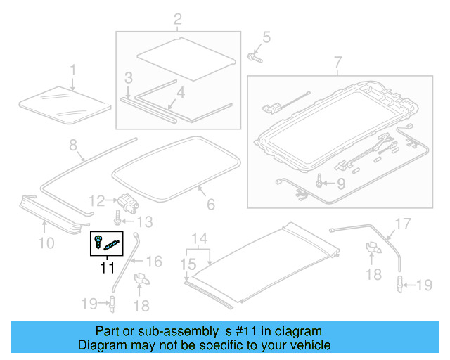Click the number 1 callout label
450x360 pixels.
72,69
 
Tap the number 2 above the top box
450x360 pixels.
177,19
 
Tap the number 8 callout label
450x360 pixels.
72,146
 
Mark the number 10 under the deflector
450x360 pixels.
46,243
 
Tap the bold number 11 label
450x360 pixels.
106,267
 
